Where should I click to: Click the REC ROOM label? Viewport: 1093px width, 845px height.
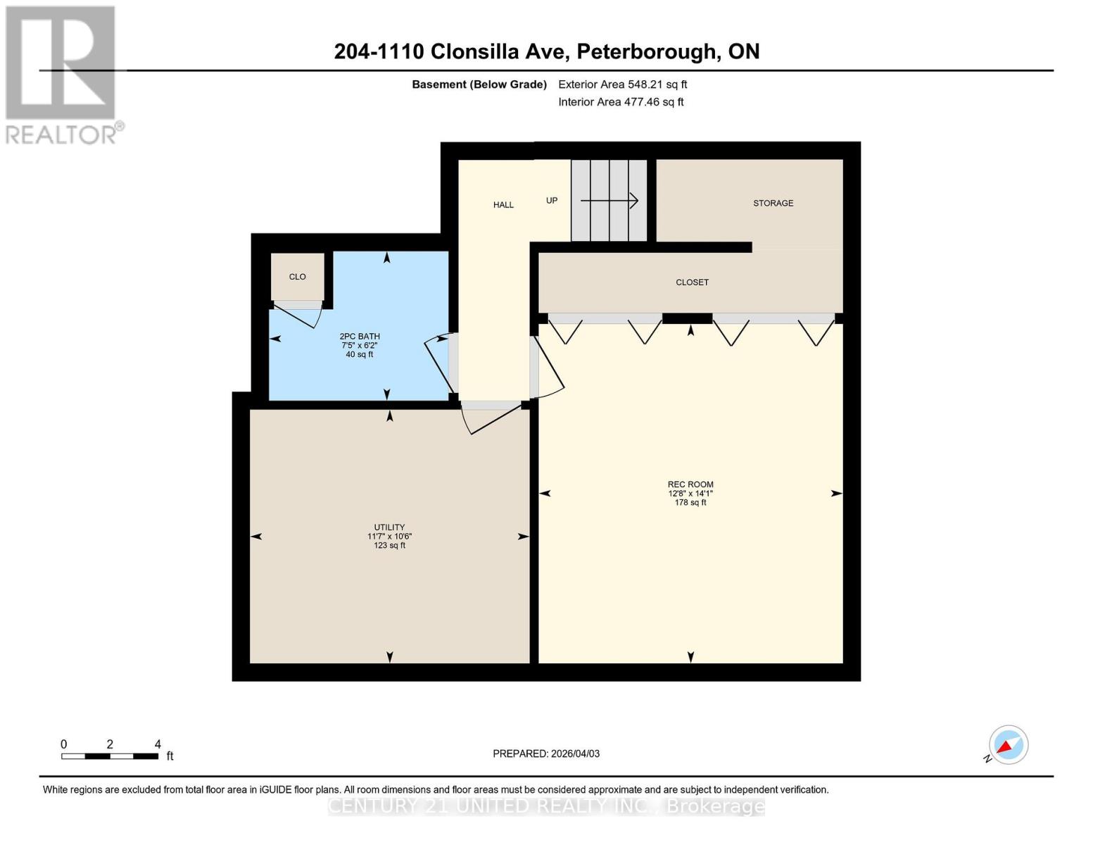click(690, 484)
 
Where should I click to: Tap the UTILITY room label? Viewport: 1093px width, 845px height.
click(389, 527)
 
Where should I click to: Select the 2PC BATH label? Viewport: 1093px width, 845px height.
click(359, 337)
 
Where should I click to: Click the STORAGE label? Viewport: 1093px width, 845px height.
click(773, 204)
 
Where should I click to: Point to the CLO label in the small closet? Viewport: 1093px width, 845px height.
click(297, 277)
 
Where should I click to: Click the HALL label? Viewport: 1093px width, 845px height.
click(503, 205)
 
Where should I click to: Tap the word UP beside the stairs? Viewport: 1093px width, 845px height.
click(552, 201)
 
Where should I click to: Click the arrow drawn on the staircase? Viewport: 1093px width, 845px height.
click(609, 201)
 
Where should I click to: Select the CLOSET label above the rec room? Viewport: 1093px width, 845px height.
click(692, 282)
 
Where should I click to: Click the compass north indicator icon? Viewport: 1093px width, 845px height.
click(1008, 745)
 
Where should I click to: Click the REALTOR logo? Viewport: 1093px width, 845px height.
click(62, 74)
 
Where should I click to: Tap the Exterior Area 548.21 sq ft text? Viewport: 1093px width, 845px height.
click(622, 84)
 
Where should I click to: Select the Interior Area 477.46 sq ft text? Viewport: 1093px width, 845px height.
click(621, 102)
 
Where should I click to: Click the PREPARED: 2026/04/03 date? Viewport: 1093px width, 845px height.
click(546, 753)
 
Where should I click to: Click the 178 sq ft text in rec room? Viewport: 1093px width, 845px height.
click(690, 503)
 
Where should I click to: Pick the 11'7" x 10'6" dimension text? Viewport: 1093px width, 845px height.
click(389, 537)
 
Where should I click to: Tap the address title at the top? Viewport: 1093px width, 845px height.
click(546, 51)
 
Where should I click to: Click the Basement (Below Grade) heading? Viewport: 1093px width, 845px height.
click(479, 84)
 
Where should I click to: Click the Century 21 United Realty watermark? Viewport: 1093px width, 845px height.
click(546, 806)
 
